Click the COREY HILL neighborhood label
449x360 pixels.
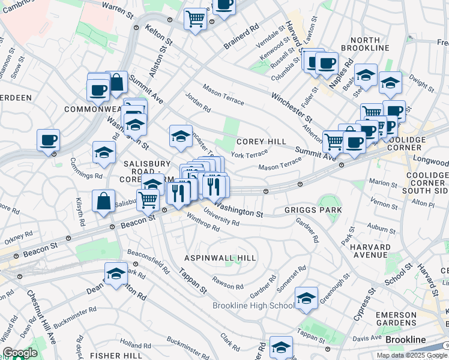(261, 142)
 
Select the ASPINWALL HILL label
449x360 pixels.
(220, 257)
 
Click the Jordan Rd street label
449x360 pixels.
(198, 102)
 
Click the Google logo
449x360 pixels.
(20, 353)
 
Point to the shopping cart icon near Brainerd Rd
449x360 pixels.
(195, 19)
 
